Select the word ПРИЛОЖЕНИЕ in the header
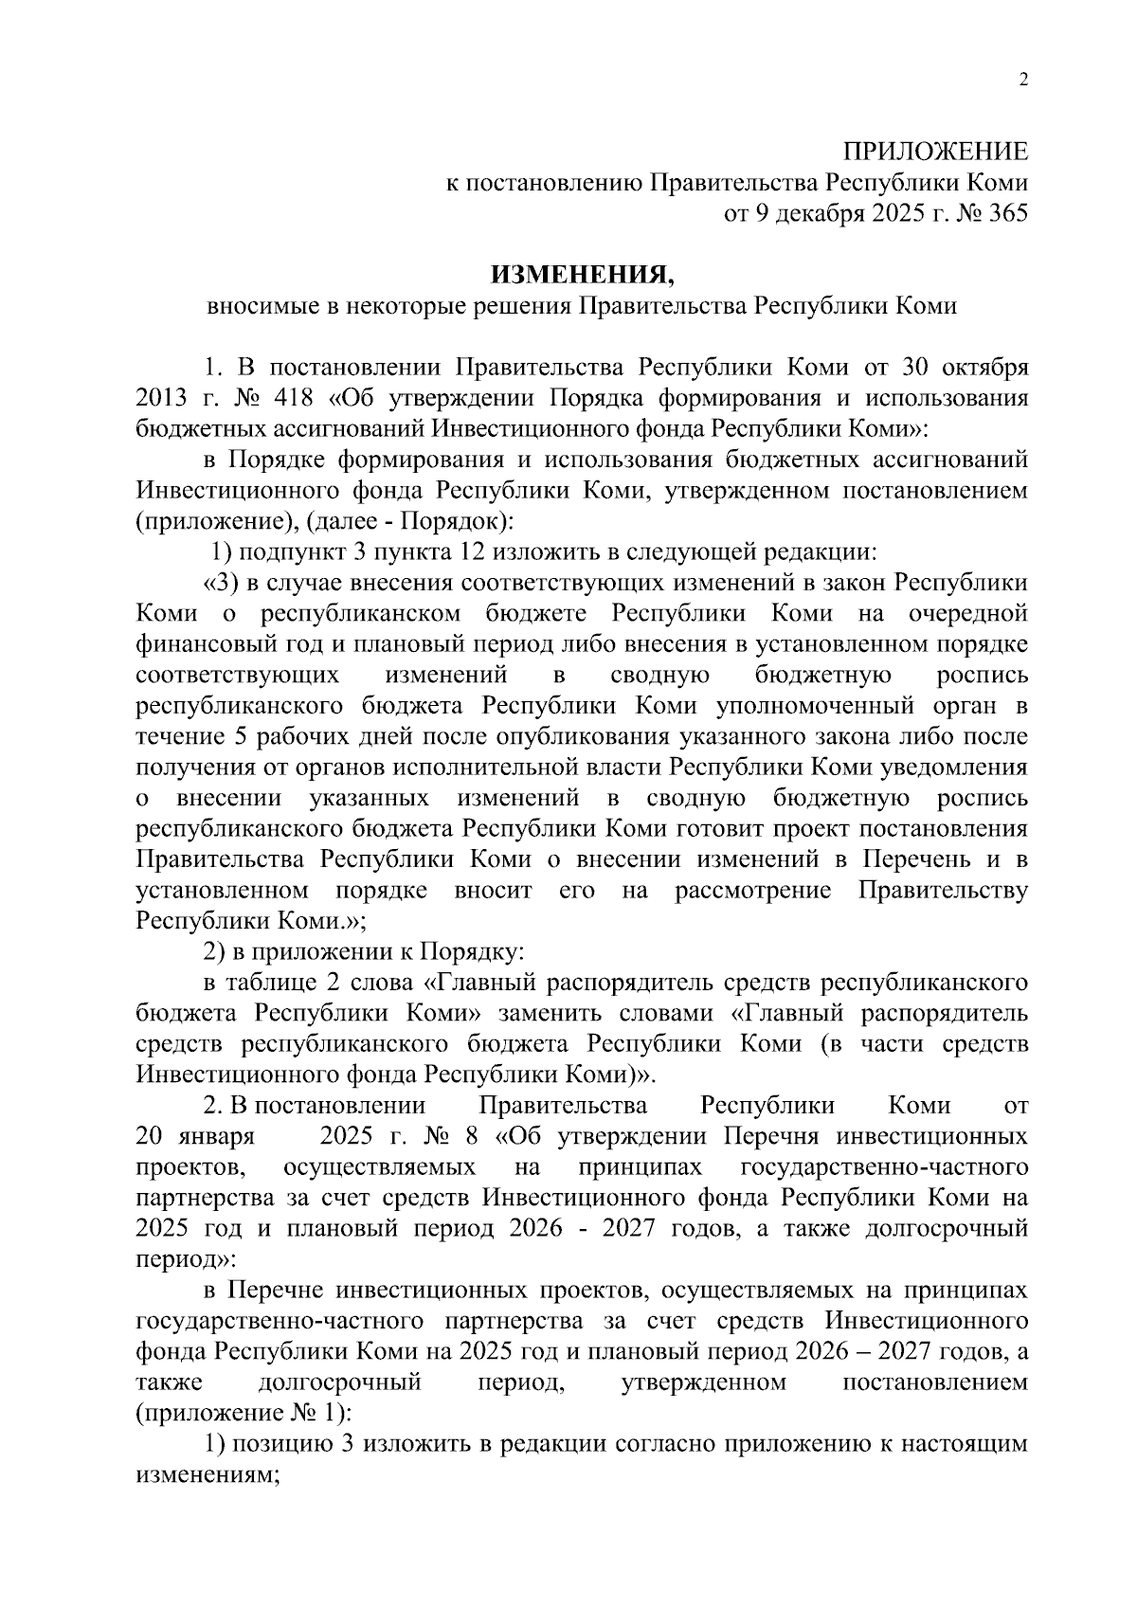[935, 152]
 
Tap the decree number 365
[1007, 214]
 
